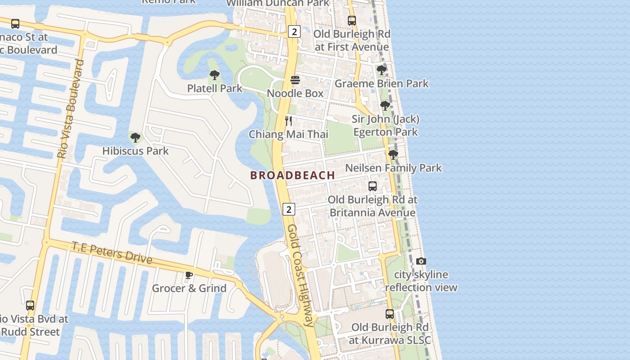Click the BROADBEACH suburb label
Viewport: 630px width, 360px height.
292,175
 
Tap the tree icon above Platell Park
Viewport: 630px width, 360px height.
215,75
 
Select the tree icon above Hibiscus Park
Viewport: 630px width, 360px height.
135,138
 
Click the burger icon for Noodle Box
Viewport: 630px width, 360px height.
295,80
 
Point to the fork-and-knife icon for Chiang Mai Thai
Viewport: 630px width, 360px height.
288,121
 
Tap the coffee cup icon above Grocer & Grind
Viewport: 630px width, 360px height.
189,275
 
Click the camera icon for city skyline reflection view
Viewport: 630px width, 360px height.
421,261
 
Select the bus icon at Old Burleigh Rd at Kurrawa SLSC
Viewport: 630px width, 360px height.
390,314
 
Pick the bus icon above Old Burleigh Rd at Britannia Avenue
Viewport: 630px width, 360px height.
373,186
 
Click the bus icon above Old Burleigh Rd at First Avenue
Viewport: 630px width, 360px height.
352,20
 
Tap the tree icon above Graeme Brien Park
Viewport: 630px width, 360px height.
381,70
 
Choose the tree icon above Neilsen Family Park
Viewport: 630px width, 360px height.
393,155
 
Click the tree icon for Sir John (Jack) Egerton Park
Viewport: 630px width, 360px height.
385,106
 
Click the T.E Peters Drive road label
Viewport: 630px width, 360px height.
112,253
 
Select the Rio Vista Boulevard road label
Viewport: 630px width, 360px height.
71,109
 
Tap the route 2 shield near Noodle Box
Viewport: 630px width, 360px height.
294,31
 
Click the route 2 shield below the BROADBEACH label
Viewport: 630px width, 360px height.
288,209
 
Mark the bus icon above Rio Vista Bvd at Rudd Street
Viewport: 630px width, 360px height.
30,306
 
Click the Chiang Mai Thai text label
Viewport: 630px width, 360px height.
288,134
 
